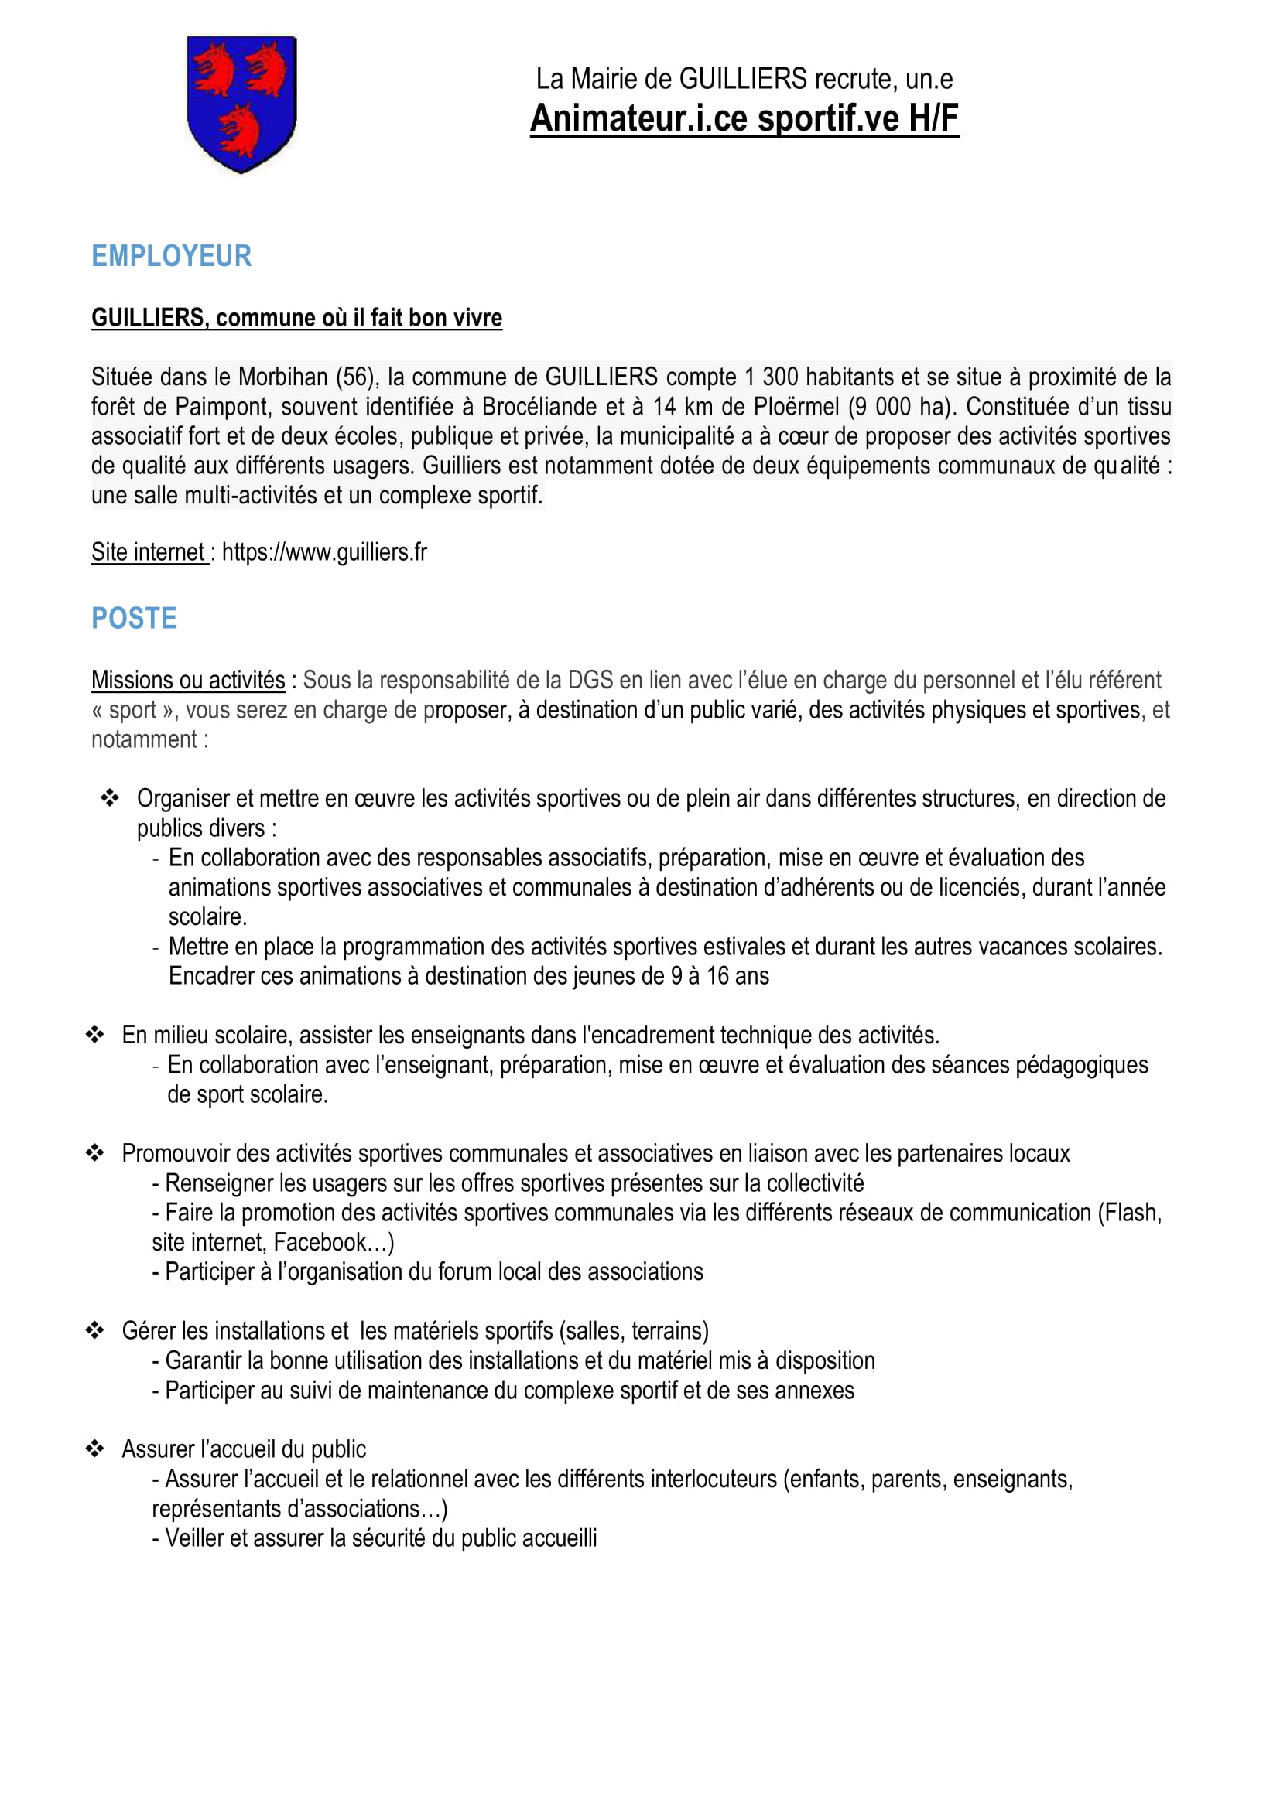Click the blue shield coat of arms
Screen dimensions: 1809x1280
click(241, 103)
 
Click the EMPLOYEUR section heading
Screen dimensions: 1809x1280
click(171, 256)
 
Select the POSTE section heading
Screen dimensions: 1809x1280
click(134, 619)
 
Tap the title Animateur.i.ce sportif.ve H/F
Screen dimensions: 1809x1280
click(744, 118)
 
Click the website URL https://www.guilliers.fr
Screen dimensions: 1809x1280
click(324, 552)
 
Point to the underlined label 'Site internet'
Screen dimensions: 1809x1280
click(148, 552)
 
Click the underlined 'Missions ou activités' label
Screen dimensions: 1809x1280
click(187, 680)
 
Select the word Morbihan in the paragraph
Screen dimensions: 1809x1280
click(283, 377)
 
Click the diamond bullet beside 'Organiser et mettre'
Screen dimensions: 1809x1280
click(110, 798)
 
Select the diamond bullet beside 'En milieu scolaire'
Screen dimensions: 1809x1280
click(94, 1035)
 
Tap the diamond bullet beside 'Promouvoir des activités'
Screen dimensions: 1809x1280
click(94, 1153)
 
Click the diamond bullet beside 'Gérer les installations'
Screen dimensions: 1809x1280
click(94, 1331)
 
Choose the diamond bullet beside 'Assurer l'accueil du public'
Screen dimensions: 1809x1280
click(94, 1449)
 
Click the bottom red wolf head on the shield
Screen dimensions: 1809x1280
click(239, 130)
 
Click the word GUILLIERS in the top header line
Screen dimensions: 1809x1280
click(742, 79)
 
